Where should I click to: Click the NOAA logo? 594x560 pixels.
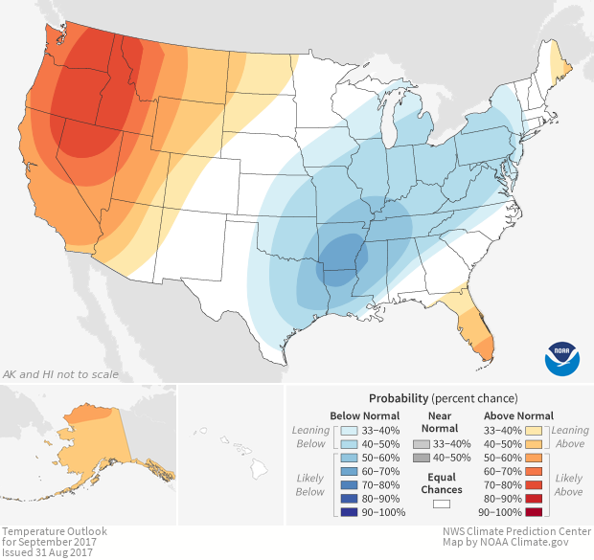562,356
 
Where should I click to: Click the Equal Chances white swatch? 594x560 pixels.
441,503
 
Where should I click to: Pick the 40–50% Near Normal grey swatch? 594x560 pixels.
422,459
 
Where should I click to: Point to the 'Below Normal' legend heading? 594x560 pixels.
365,415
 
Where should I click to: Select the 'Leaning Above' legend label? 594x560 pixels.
570,437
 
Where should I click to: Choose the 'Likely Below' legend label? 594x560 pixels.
310,484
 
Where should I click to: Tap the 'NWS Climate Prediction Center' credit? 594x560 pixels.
515,531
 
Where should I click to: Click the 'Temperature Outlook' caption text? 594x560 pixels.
54,531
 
